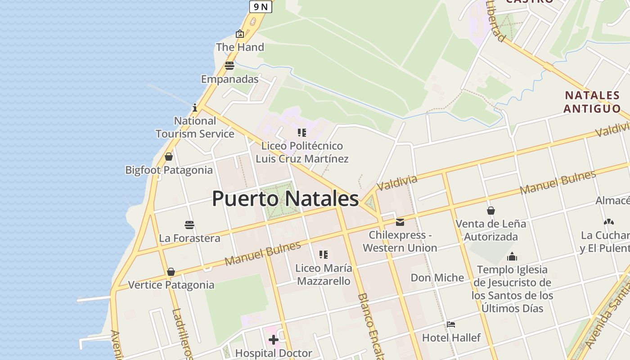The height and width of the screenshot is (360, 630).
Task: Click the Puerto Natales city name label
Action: [285, 199]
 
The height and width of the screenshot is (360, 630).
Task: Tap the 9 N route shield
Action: [261, 6]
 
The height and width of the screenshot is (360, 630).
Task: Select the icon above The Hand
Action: [240, 34]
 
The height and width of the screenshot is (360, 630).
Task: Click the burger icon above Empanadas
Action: [229, 66]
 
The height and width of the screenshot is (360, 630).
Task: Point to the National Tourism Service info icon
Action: [195, 108]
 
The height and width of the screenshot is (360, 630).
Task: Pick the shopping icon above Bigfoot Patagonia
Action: [169, 157]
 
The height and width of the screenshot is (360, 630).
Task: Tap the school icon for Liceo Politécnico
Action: [302, 133]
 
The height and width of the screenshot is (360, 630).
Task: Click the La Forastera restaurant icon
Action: [189, 225]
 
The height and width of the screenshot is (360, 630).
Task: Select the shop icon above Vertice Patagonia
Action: [171, 272]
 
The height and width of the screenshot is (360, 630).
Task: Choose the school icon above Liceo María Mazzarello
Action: [323, 255]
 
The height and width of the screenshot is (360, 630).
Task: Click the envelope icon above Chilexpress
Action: [400, 222]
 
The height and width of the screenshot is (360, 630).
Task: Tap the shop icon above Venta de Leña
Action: [491, 211]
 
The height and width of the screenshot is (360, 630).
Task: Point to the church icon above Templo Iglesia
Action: [512, 257]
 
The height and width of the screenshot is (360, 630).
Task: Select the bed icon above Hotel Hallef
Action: [451, 324]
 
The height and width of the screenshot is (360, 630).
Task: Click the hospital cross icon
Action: [273, 339]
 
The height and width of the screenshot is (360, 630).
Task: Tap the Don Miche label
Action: [437, 278]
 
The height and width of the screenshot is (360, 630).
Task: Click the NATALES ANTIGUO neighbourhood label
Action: [592, 102]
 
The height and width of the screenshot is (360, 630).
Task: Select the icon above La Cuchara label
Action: [609, 222]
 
